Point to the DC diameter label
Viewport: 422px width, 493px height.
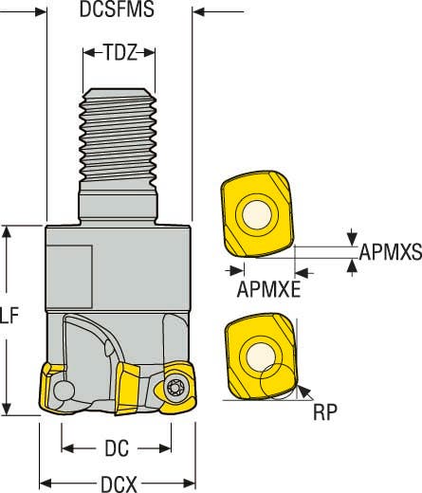click(x=116, y=446)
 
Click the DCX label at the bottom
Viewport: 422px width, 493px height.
click(x=117, y=483)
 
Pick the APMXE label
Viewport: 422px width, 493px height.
click(x=268, y=288)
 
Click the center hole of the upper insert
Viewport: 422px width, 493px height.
click(x=256, y=217)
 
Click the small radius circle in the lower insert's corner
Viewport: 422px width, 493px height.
click(x=280, y=376)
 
